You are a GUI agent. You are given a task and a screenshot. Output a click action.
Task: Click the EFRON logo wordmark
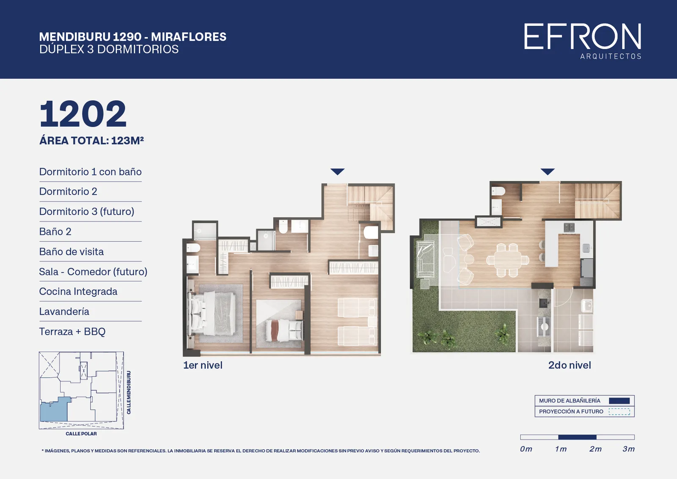pyautogui.click(x=582, y=36)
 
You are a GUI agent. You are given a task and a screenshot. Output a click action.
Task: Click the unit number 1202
pyautogui.click(x=83, y=114)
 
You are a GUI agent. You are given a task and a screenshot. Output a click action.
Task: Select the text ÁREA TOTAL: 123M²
pyautogui.click(x=91, y=140)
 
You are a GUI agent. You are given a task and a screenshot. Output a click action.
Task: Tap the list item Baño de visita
pyautogui.click(x=72, y=251)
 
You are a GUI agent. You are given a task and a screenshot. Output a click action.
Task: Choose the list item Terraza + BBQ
pyautogui.click(x=72, y=331)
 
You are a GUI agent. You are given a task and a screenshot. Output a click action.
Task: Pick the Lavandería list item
pyautogui.click(x=64, y=311)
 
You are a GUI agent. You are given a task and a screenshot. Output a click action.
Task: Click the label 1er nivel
pyautogui.click(x=203, y=365)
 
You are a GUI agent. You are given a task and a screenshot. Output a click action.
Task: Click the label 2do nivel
pyautogui.click(x=570, y=365)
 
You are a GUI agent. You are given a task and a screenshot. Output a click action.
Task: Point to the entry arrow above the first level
pyautogui.click(x=337, y=172)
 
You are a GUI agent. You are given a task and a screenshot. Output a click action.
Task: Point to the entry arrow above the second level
pyautogui.click(x=548, y=172)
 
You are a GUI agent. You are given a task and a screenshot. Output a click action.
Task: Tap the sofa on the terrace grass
pyautogui.click(x=426, y=259)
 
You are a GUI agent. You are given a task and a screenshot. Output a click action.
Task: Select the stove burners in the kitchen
pyautogui.click(x=569, y=227)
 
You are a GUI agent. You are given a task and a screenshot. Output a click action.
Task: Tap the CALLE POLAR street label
pyautogui.click(x=81, y=434)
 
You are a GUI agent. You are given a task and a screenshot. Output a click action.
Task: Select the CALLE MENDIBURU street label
pyautogui.click(x=129, y=393)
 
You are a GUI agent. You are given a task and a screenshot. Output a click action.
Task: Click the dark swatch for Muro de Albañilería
pyautogui.click(x=619, y=401)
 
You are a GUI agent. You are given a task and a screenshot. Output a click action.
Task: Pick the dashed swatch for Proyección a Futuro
pyautogui.click(x=619, y=412)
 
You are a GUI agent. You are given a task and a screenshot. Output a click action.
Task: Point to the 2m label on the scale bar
pyautogui.click(x=595, y=449)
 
